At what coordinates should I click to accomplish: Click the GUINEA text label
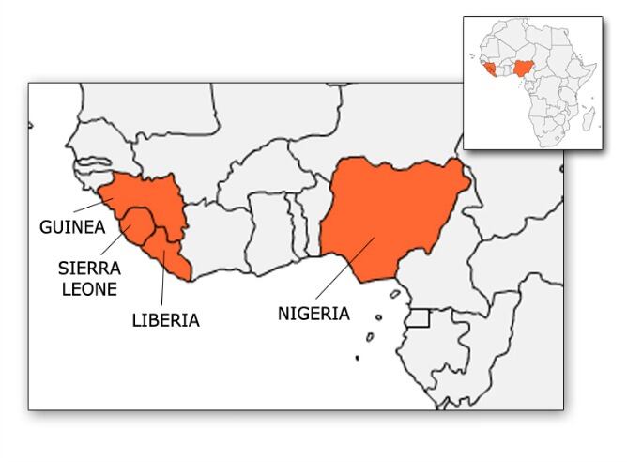(x=69, y=227)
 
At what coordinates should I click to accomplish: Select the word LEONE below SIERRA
(x=86, y=289)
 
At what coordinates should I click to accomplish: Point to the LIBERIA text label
(x=165, y=320)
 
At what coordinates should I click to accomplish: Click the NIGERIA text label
(x=313, y=314)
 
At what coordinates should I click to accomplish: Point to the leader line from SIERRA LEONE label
(x=116, y=239)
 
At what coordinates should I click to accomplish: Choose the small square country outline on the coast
(x=419, y=317)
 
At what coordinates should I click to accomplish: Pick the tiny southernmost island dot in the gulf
(x=358, y=357)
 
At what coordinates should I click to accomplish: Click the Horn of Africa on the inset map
(x=587, y=62)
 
